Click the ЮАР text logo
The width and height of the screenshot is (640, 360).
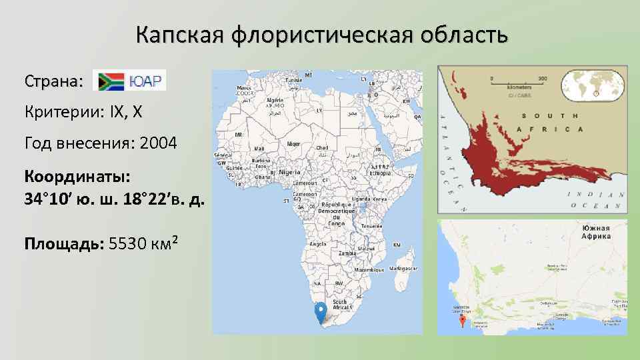145,81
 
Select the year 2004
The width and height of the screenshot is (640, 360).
159,143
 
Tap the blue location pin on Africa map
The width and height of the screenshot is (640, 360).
321,311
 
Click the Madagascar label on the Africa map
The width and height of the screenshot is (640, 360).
403,268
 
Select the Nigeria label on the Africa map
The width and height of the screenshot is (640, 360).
289,171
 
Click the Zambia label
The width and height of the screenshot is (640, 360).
347,254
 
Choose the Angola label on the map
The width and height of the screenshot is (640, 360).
315,243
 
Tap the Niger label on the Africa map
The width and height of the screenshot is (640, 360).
293,144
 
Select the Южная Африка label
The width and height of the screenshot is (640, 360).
595,232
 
